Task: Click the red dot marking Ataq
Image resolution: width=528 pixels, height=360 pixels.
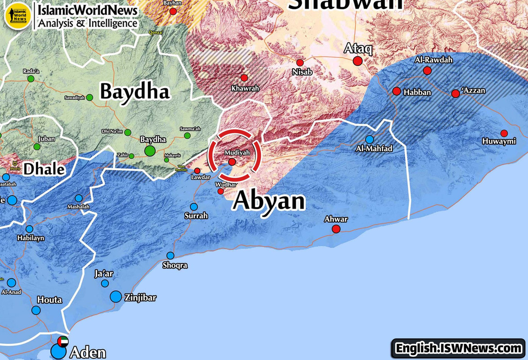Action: click(358, 61)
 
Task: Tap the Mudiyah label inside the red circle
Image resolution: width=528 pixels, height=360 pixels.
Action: click(237, 153)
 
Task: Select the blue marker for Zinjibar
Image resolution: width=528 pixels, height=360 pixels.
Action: click(116, 297)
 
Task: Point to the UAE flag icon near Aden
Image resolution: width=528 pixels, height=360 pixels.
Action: click(63, 341)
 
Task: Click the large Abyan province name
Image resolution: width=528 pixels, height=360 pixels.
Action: click(268, 201)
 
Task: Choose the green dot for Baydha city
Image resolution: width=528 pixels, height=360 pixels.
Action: click(150, 151)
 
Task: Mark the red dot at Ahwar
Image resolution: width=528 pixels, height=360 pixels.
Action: click(336, 229)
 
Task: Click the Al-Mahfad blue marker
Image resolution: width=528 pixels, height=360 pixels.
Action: click(370, 139)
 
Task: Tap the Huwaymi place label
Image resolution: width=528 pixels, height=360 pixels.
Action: click(499, 142)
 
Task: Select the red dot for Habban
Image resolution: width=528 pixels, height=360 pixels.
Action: click(397, 91)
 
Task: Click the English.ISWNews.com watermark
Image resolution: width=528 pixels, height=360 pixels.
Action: click(458, 348)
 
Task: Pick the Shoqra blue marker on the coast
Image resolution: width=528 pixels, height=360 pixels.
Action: click(170, 256)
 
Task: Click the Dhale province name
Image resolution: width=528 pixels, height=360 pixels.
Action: click(44, 170)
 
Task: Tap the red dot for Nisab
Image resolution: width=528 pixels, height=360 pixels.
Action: click(300, 63)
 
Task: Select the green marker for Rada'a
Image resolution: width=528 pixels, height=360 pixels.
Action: click(31, 79)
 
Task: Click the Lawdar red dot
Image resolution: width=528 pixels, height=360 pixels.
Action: click(197, 171)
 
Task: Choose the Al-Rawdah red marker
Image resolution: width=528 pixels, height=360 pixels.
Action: click(427, 71)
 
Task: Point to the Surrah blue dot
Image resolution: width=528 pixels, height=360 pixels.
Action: click(194, 207)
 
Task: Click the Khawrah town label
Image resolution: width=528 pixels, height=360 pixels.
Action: click(245, 89)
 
